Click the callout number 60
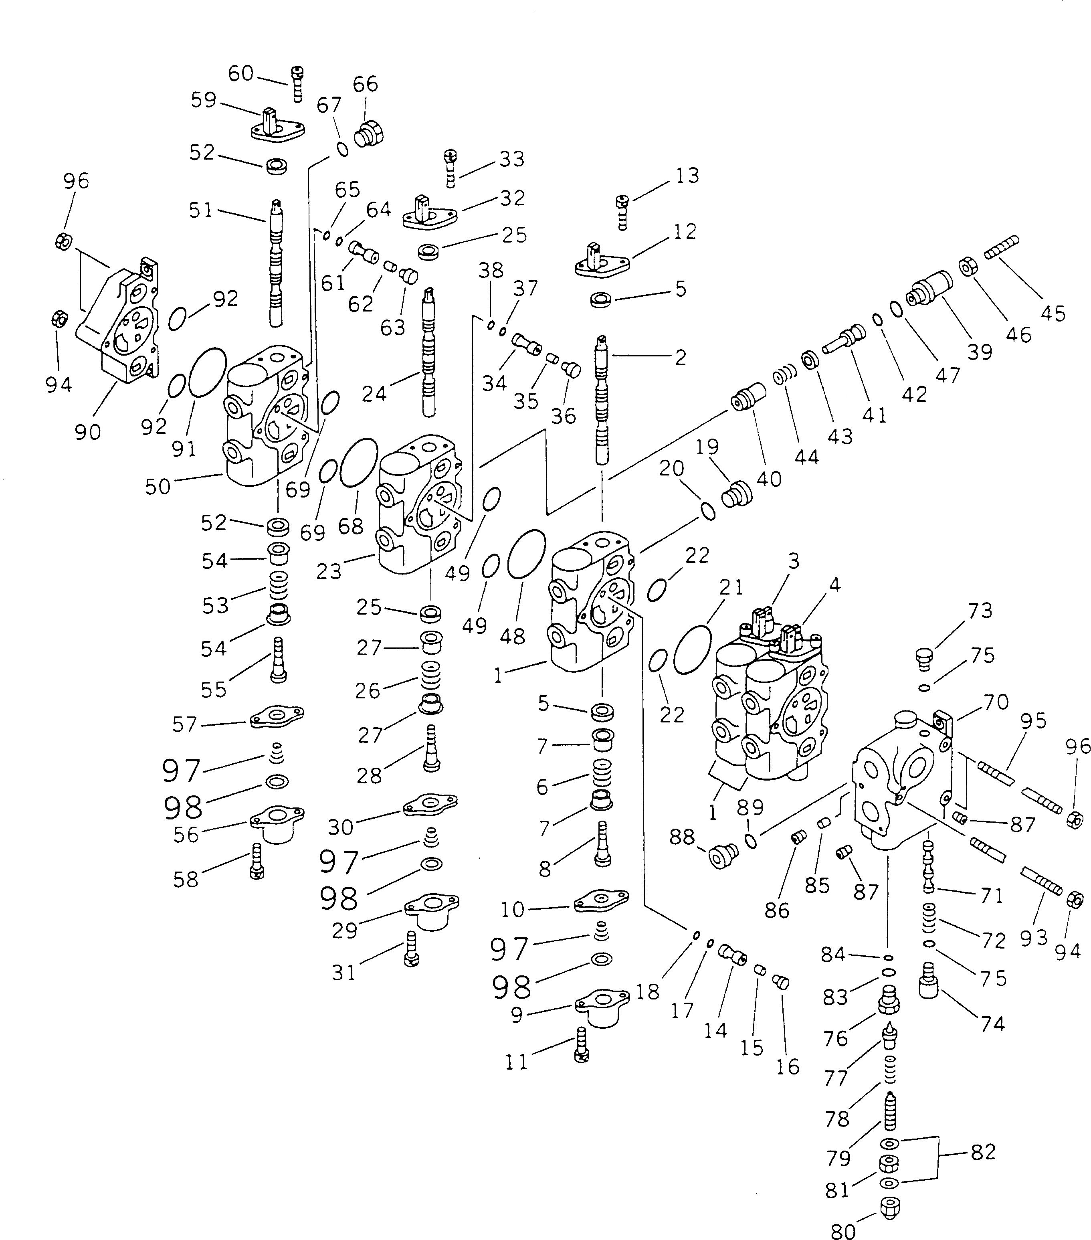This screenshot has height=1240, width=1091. point(240,73)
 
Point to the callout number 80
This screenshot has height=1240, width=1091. point(842,1230)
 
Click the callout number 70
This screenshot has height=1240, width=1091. point(995,702)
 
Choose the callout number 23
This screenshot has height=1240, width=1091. point(329,571)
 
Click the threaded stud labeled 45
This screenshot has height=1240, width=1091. point(1001,248)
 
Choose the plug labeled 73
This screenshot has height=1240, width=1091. point(924,657)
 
